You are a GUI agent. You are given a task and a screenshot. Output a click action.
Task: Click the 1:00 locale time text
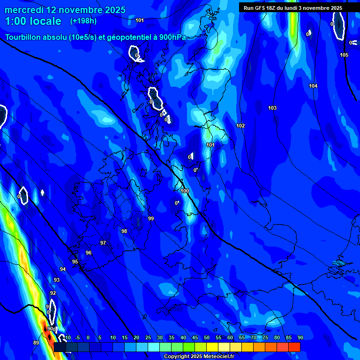33,22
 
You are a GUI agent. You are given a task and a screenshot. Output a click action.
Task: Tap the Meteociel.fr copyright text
198,356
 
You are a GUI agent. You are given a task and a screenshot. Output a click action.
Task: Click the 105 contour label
344,55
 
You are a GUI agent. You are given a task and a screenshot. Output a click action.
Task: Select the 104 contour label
313,86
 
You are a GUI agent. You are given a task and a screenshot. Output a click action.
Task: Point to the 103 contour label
272,108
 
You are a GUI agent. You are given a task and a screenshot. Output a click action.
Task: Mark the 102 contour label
240,126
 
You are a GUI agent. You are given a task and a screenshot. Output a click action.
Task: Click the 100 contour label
185,191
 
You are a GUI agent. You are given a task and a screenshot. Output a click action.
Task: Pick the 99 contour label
151,218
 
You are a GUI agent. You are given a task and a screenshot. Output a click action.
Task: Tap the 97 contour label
103,243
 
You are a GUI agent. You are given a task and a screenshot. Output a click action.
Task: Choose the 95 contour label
75,262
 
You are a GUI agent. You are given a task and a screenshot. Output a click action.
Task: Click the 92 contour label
53,293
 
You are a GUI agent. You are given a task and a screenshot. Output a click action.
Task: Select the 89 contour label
36,343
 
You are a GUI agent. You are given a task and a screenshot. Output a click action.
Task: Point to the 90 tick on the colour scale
300,338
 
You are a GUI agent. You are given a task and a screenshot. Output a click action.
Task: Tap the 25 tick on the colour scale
148,338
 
